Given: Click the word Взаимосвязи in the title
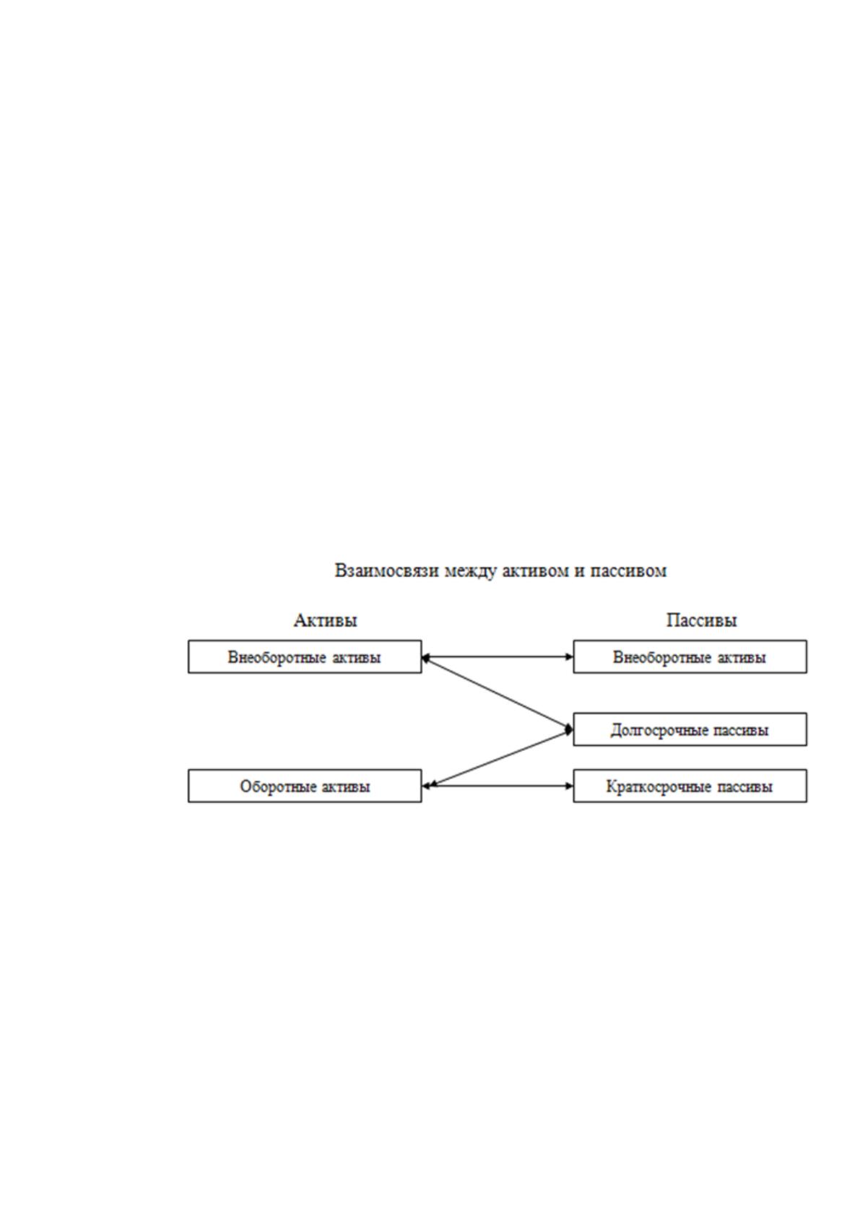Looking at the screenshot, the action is [x=386, y=572].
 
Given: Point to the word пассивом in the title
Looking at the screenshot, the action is [x=628, y=571].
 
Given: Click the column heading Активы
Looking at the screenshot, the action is [x=325, y=620].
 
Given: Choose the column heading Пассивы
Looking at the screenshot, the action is [x=701, y=620].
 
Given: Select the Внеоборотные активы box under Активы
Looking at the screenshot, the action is [x=305, y=657].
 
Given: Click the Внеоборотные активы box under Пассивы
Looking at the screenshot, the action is [x=690, y=657].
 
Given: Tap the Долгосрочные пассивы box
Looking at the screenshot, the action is [x=690, y=729].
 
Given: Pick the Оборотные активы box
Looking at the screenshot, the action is [x=305, y=786].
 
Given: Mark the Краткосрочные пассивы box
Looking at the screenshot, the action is [x=690, y=786].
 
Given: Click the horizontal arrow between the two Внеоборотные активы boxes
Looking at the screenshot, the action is [x=498, y=657].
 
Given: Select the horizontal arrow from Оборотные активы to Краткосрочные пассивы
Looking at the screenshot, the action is [x=498, y=786].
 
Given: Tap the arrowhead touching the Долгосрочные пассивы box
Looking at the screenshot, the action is [x=569, y=729].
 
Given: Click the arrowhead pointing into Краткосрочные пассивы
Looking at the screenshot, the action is [x=570, y=786].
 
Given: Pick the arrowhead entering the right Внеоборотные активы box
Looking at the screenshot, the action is [x=570, y=657].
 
